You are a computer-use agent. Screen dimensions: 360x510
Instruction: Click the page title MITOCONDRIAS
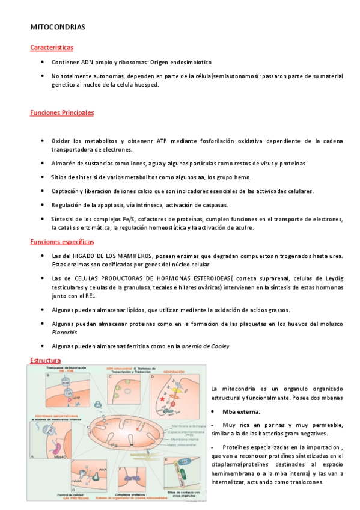(x=58, y=27)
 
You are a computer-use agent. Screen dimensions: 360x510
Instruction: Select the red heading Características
(x=52, y=48)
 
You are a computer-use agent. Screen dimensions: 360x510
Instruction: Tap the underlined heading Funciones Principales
(x=61, y=112)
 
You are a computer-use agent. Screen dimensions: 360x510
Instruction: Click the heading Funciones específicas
(x=61, y=242)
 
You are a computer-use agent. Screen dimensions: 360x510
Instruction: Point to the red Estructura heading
(x=45, y=360)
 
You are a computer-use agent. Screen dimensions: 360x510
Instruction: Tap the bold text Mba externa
(x=240, y=411)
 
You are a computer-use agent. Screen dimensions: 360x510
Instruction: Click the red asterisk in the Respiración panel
(x=162, y=399)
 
